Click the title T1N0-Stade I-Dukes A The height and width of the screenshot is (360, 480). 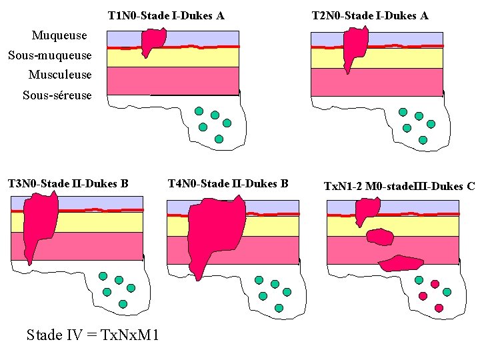tap(165, 15)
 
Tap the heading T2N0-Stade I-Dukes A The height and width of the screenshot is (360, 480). tap(370, 15)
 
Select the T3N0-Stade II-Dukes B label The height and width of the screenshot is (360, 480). tap(68, 183)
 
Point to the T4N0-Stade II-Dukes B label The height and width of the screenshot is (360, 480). tap(228, 183)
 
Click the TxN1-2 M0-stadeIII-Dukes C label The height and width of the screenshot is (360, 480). tap(399, 185)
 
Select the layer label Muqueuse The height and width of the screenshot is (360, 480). tap(59, 35)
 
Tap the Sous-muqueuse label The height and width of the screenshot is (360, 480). tap(49, 55)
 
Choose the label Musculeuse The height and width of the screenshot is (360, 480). tap(60, 75)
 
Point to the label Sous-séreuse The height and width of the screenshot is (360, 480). tap(57, 95)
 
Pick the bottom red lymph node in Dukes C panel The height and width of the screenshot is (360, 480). tap(439, 307)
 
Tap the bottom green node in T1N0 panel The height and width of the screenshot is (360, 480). tap(219, 139)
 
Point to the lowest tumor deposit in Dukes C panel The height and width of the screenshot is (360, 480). tap(399, 263)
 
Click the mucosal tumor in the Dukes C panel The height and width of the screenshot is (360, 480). tap(366, 210)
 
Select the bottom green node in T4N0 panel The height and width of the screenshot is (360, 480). tap(279, 308)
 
